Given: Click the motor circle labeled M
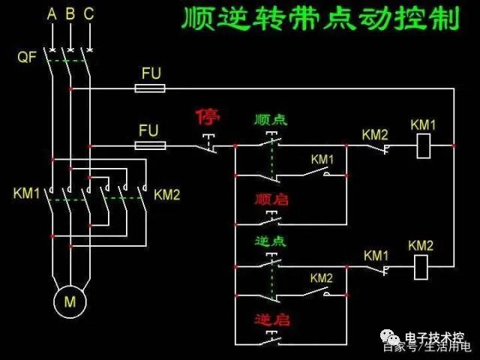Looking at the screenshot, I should [x=70, y=302].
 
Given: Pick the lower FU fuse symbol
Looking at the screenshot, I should [x=149, y=145].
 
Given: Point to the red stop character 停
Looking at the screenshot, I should [x=208, y=117].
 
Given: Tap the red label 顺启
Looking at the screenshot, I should [x=271, y=199].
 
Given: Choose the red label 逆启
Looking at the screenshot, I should [x=271, y=319].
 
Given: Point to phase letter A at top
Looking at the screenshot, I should [x=51, y=14].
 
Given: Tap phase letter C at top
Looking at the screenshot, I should [x=89, y=14].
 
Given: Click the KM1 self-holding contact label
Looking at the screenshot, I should [x=322, y=160].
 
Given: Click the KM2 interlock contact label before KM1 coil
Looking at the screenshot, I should [x=375, y=134].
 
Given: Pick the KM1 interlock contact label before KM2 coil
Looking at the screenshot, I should [x=376, y=256].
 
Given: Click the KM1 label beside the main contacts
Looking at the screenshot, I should [x=26, y=193].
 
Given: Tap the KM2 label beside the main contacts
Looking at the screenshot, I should [x=167, y=195].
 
